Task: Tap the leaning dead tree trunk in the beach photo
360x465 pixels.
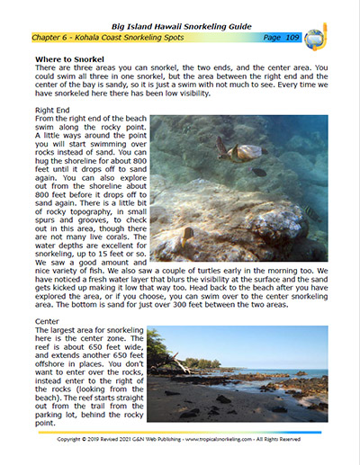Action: point(177,363)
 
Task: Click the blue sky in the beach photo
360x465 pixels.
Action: point(270,342)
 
